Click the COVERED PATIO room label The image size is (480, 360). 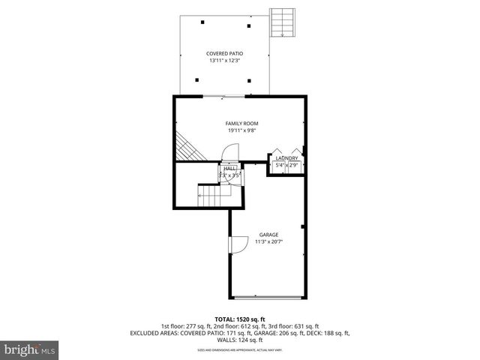tap(226, 54)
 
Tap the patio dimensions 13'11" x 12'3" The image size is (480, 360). tap(226, 61)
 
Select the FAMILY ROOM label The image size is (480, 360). tap(241, 124)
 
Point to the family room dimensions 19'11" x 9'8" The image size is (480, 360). tap(241, 130)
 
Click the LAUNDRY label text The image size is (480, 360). tap(287, 158)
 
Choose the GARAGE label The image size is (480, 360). tap(268, 235)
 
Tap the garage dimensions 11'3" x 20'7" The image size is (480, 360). tap(268, 241)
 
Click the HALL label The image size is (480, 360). tap(229, 169)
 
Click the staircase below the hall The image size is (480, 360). tap(214, 196)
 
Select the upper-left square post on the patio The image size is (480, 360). tap(203, 22)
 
